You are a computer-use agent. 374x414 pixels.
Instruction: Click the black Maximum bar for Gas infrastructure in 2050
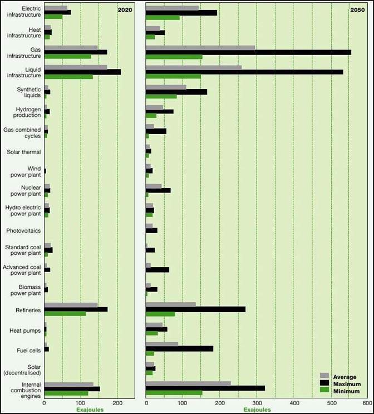tap(248, 52)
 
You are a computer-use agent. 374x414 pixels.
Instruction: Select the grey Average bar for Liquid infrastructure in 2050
tap(193, 67)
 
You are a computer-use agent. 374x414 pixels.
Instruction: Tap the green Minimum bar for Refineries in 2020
tap(65, 313)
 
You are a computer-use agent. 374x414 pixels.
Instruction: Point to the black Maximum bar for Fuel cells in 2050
tap(179, 348)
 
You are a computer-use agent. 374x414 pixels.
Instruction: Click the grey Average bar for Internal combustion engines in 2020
tap(69, 384)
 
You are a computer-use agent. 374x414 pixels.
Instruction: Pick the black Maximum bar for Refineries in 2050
tap(195, 309)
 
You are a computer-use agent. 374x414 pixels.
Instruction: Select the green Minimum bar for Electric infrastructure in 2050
tap(163, 17)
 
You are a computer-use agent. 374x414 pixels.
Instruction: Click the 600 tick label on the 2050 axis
tap(366, 403)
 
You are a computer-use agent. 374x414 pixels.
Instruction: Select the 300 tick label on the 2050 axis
tap(256, 403)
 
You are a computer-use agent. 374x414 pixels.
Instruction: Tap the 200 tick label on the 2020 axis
tap(117, 403)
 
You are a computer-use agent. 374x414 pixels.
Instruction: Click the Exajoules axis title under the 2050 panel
tap(257, 410)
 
